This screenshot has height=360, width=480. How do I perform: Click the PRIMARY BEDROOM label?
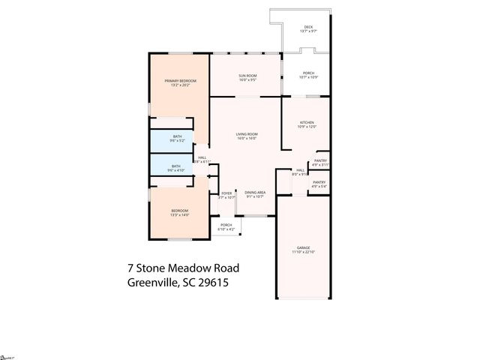(x=180, y=80)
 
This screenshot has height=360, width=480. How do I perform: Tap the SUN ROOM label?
(x=247, y=76)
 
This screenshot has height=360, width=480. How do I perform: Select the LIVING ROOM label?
(x=247, y=134)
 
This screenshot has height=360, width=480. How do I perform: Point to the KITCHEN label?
(x=307, y=122)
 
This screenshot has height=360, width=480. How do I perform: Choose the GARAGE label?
(x=303, y=247)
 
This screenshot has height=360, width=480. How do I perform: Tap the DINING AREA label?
(x=255, y=193)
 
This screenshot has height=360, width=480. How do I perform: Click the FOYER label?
(x=226, y=193)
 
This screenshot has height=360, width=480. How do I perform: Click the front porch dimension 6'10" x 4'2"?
(x=226, y=229)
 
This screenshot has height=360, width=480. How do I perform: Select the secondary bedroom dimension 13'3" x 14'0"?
(x=180, y=215)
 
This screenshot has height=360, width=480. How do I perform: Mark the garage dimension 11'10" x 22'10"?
(x=303, y=252)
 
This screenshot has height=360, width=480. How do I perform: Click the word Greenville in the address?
(x=152, y=283)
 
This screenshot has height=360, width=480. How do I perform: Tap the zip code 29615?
(x=213, y=283)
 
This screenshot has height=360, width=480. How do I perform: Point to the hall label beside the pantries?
(x=300, y=170)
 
